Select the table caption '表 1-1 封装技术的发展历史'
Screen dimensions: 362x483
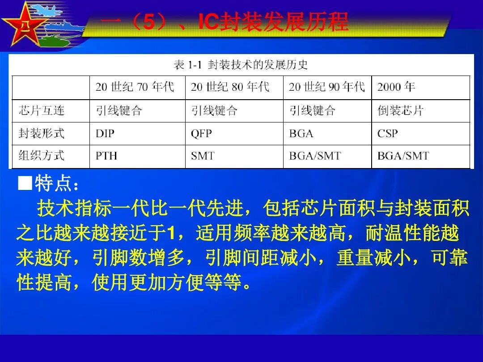[241, 65]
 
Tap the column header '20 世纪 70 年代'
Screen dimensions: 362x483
[134, 87]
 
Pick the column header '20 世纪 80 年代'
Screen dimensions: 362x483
[230, 87]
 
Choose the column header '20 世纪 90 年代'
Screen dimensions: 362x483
[326, 87]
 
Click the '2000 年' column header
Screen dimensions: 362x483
[396, 87]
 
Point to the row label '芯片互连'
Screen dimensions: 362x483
[42, 110]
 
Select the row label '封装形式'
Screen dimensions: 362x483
[42, 133]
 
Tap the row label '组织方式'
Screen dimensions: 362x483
[42, 156]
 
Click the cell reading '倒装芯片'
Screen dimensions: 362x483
[400, 110]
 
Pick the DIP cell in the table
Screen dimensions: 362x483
[106, 133]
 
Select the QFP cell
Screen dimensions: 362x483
[201, 133]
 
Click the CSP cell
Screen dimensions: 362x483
[387, 133]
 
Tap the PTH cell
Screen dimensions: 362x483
[106, 156]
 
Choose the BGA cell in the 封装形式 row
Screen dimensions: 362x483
[301, 133]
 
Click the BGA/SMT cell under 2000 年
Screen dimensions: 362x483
[403, 156]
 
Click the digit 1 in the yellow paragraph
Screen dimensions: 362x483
[169, 233]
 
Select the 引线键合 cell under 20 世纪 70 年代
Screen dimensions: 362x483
[119, 110]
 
